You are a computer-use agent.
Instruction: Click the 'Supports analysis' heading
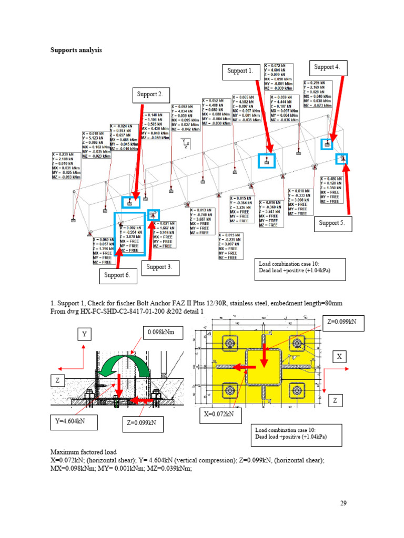pos(76,50)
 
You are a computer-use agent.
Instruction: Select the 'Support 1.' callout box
pos(240,70)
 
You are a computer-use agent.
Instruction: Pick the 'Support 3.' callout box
pos(159,267)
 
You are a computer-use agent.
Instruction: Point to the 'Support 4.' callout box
pos(327,67)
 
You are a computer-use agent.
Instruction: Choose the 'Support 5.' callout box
pos(332,223)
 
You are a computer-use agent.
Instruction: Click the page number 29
pos(343,503)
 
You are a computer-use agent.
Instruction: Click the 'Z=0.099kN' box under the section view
pos(142,422)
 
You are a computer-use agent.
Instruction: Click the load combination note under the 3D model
pos(300,268)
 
